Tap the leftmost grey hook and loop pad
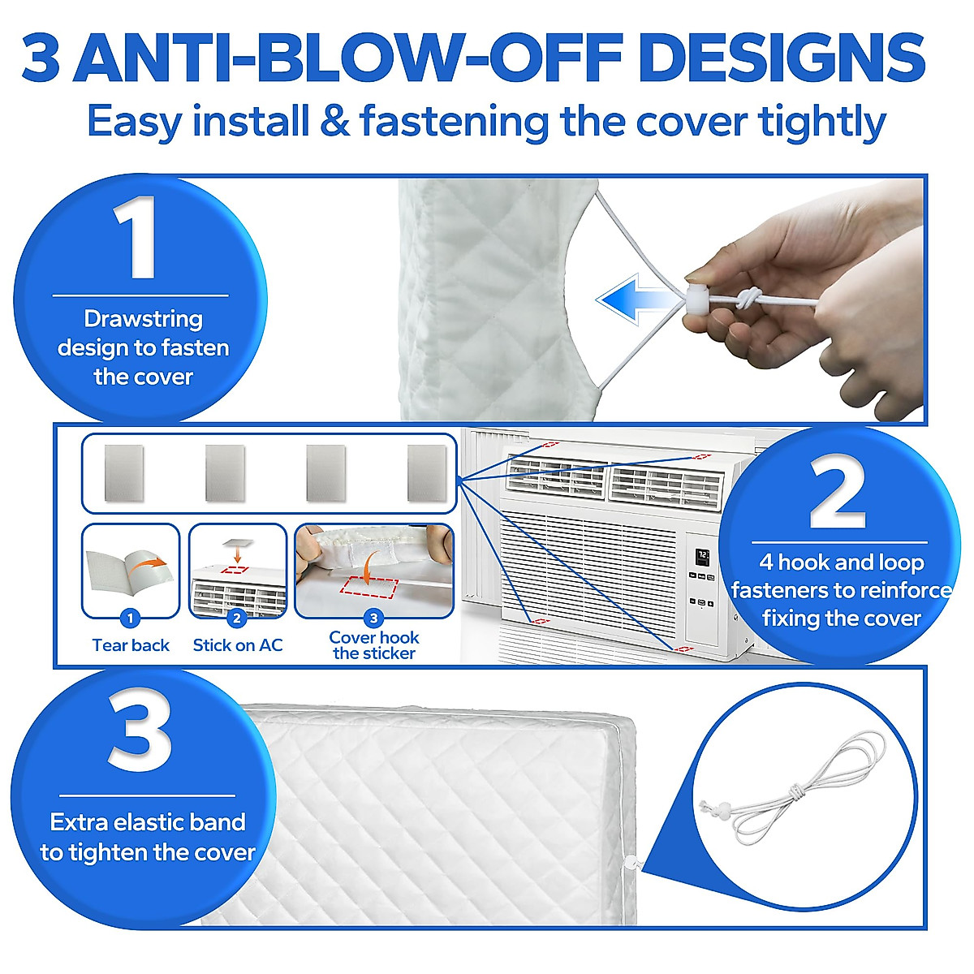124,473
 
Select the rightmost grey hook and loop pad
427,473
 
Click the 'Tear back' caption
131,645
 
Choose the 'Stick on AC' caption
238,645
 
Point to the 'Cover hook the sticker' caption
374,645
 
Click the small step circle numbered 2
236,618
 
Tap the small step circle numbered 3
373,618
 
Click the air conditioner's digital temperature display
702,557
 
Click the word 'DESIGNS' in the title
782,58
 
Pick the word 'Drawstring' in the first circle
143,319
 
